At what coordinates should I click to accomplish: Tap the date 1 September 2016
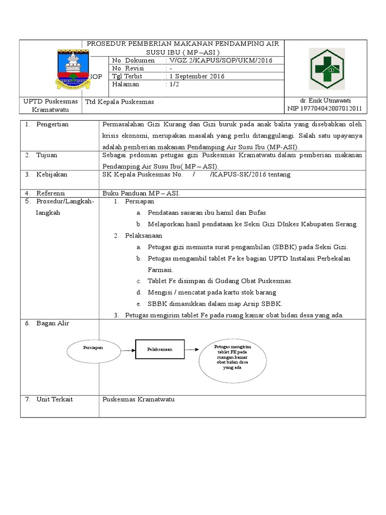(197, 76)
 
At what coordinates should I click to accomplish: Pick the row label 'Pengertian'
(52, 124)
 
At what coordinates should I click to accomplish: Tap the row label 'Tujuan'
(47, 155)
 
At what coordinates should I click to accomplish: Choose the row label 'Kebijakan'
(51, 175)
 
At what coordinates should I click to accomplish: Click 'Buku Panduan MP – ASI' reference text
(141, 193)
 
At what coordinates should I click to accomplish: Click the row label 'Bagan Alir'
(52, 323)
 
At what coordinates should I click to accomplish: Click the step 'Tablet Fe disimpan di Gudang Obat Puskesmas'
(220, 281)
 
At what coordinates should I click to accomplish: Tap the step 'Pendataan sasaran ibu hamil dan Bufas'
(207, 213)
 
